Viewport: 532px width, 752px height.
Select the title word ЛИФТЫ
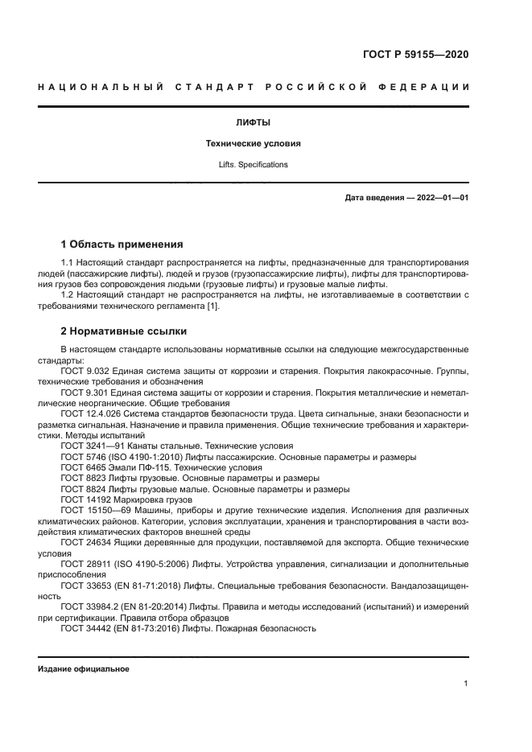click(x=252, y=123)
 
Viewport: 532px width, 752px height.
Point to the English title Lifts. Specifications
click(x=252, y=164)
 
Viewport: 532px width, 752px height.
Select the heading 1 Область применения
click(x=122, y=245)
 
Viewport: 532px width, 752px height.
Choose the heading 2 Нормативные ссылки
click(x=124, y=331)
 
